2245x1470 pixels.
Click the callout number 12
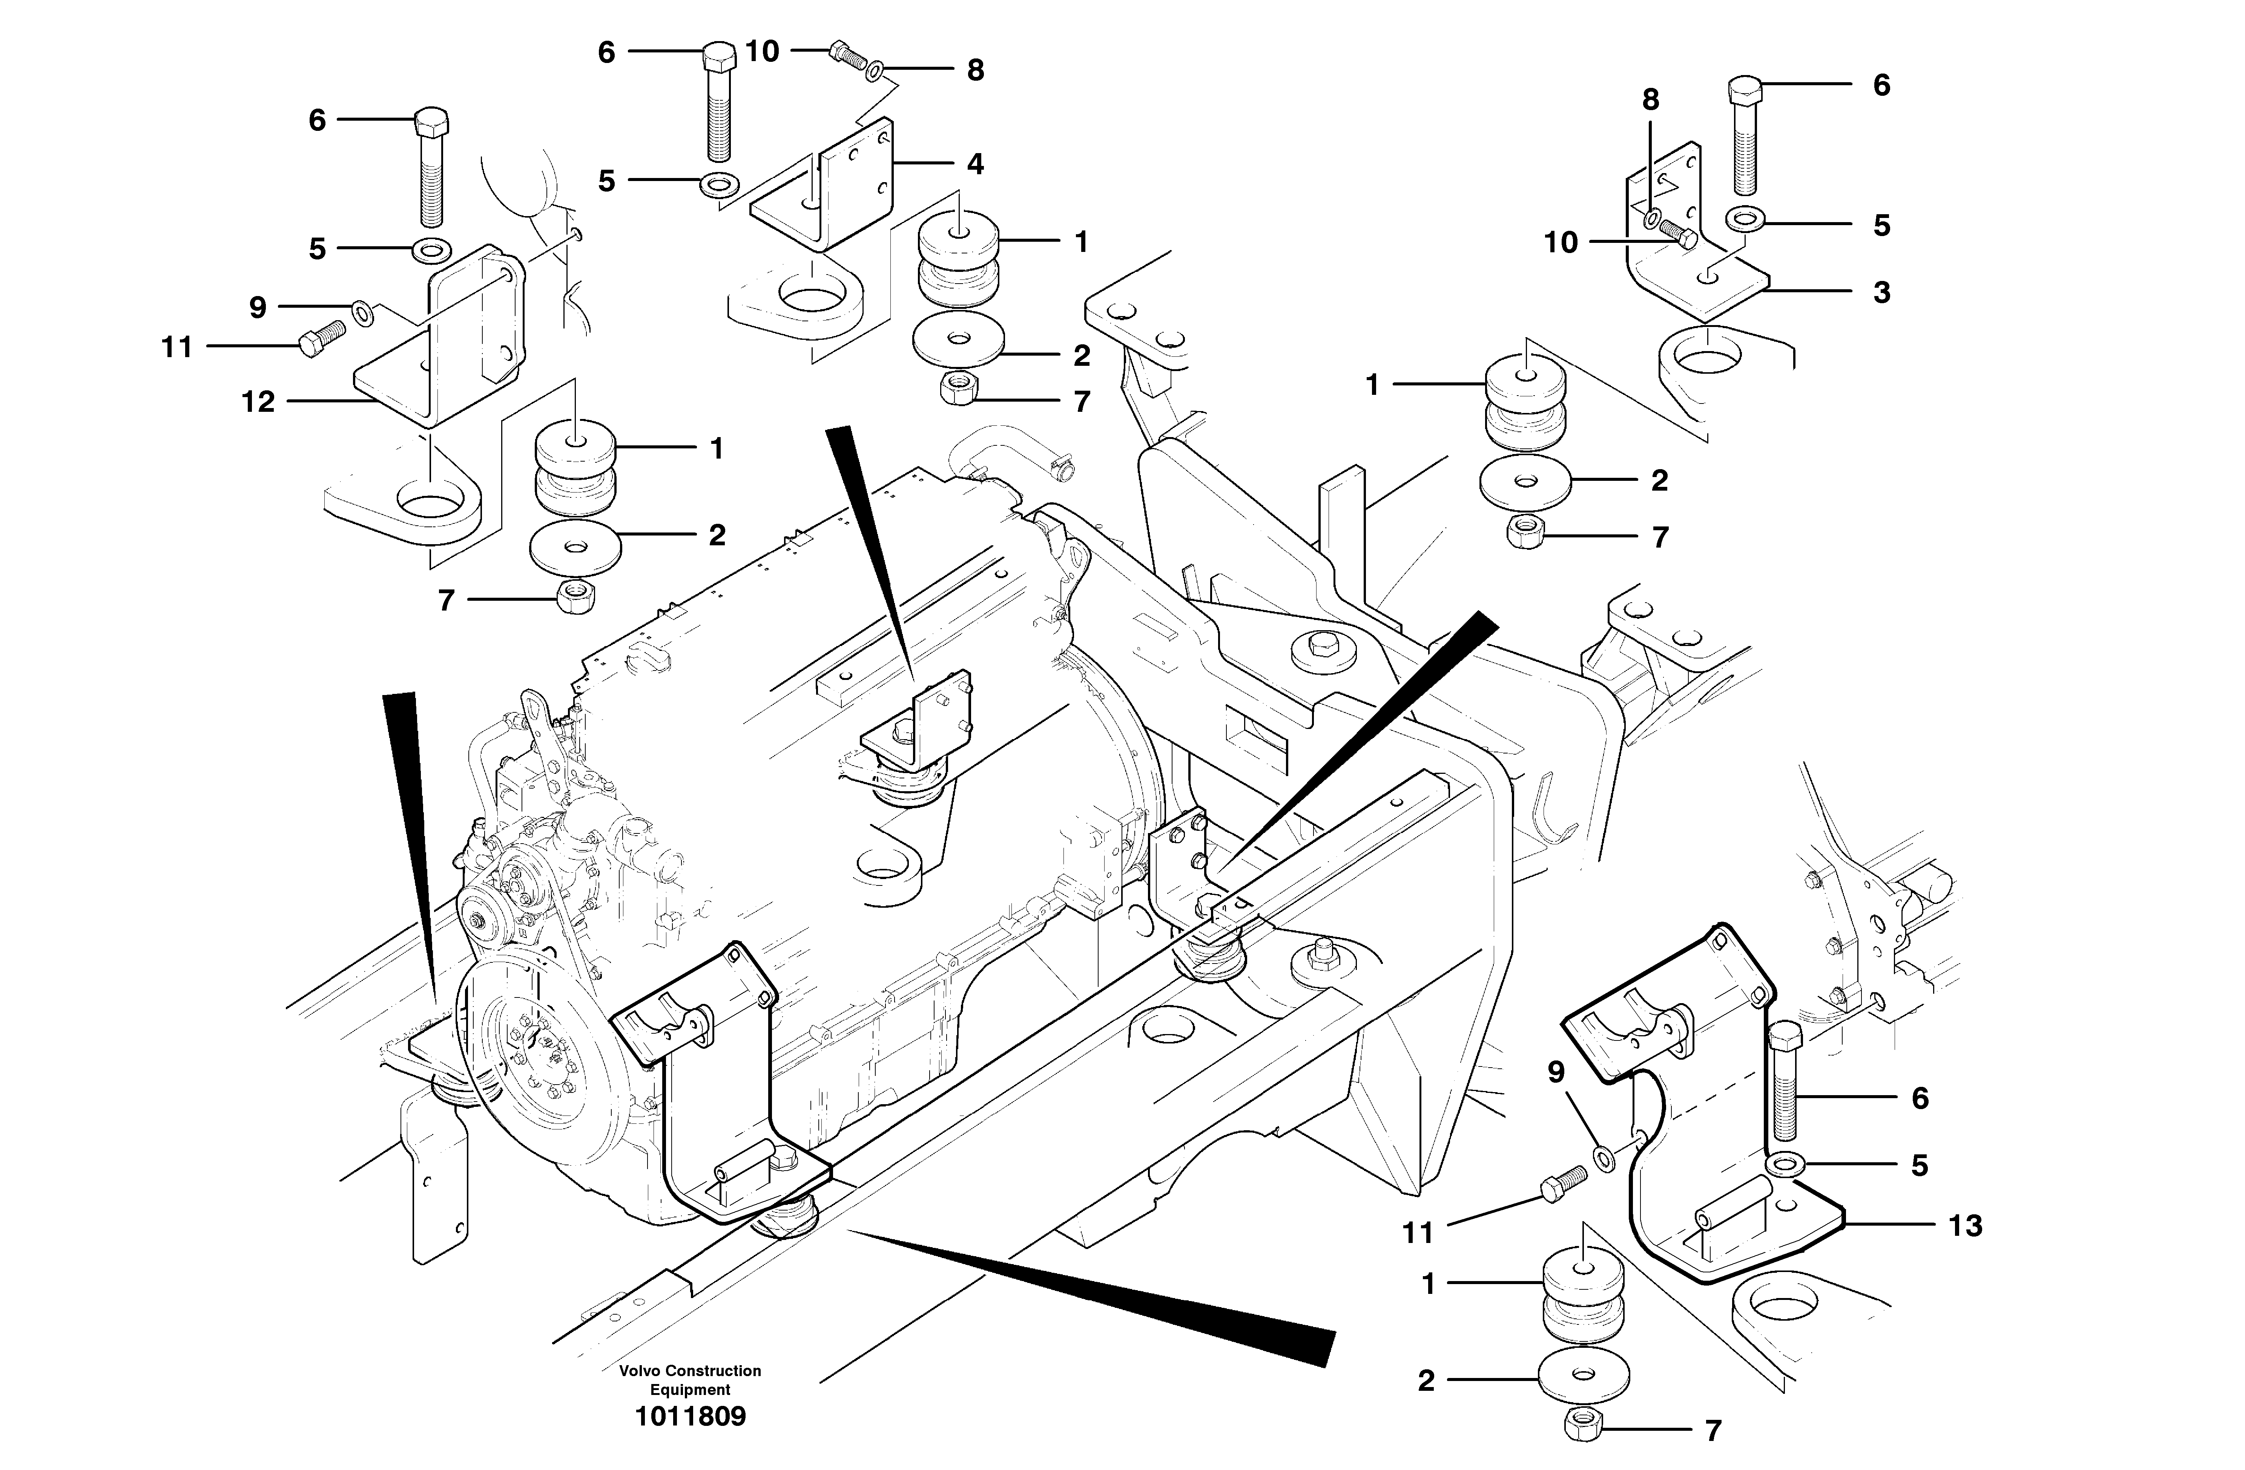tap(258, 402)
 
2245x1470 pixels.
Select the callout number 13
tap(1965, 1226)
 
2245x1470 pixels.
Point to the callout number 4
tap(974, 164)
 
